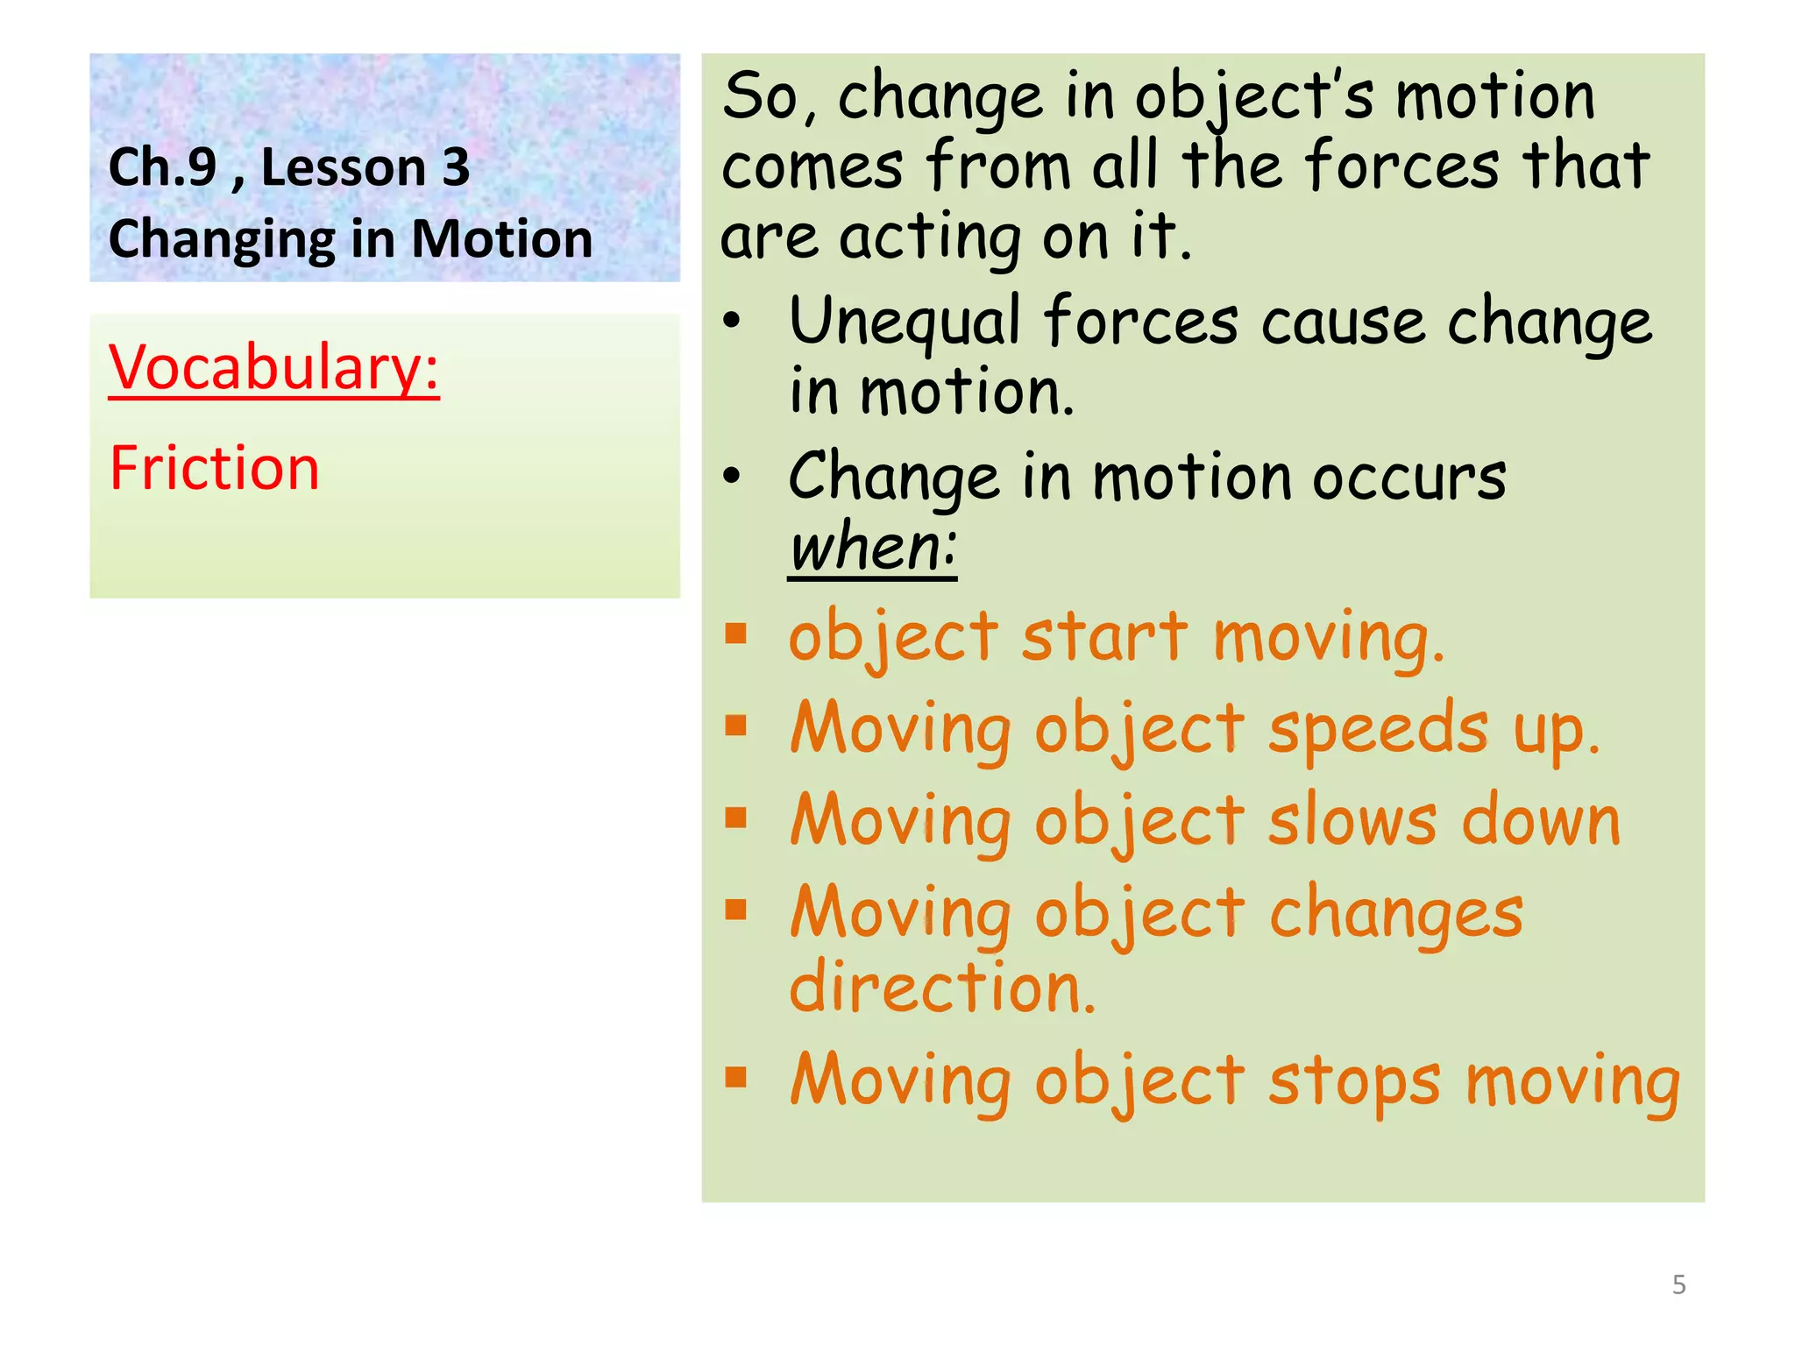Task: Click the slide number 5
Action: point(1678,1285)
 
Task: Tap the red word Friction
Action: point(215,468)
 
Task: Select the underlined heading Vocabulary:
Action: point(273,368)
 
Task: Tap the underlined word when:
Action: point(872,549)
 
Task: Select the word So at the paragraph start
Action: point(759,96)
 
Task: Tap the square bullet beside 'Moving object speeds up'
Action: point(735,726)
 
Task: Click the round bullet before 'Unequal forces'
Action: point(732,322)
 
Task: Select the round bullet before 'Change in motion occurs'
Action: point(732,477)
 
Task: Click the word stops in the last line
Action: point(1354,1081)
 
